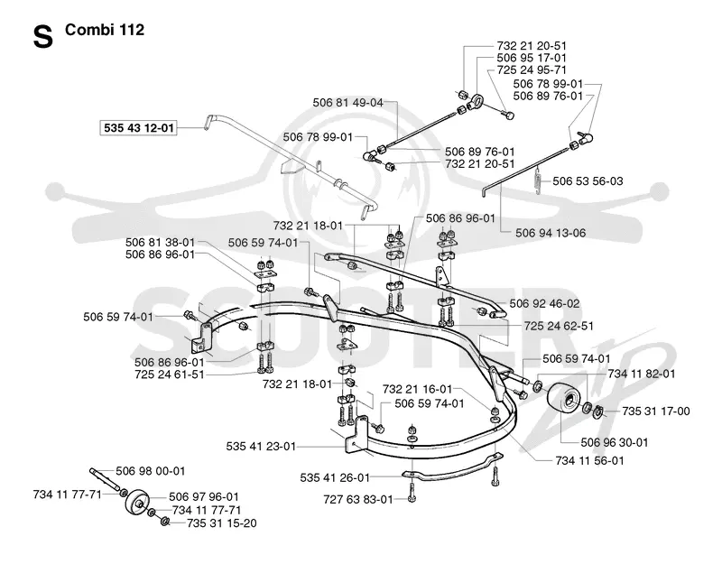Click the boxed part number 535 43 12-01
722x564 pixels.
click(139, 127)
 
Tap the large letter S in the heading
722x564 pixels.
click(42, 37)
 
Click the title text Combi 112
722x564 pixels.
click(105, 30)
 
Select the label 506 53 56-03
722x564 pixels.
click(588, 181)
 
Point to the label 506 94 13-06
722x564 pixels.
click(551, 233)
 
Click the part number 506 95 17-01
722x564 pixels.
click(532, 58)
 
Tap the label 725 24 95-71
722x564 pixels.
click(532, 70)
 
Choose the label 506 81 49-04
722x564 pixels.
click(347, 103)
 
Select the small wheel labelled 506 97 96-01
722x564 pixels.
click(138, 504)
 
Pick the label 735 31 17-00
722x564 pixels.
click(656, 411)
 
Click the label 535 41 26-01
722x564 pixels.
click(335, 478)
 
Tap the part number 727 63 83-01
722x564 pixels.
click(358, 500)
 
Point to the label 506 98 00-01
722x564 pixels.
click(150, 471)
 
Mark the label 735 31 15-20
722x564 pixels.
click(221, 523)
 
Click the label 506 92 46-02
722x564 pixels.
click(545, 304)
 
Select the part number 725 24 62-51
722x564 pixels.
click(559, 326)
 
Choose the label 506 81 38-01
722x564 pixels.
click(161, 242)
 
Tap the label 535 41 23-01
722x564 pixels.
click(261, 447)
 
